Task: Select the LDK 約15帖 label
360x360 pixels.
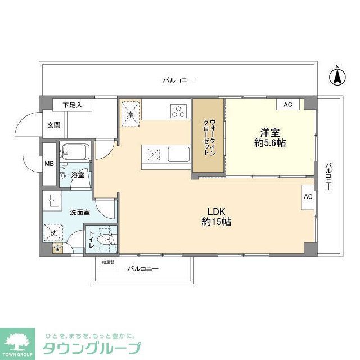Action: (x=216, y=216)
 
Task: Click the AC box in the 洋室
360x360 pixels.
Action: (x=288, y=105)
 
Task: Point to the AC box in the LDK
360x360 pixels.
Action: (x=308, y=197)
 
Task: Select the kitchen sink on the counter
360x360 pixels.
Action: (x=178, y=153)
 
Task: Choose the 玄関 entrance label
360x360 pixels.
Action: (x=53, y=125)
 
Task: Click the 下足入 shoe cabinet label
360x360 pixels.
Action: (x=71, y=105)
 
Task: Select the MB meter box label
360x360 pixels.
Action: (x=49, y=165)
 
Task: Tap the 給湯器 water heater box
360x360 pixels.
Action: (x=108, y=262)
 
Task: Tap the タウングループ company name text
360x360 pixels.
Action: (x=91, y=348)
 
